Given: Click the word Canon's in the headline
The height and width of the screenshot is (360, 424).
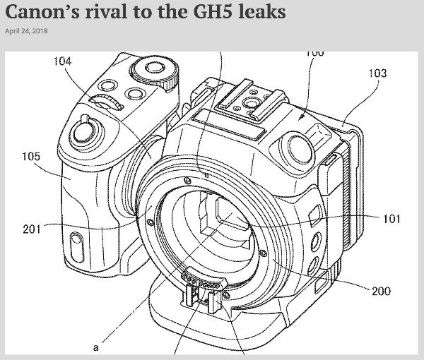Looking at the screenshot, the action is coord(42,12).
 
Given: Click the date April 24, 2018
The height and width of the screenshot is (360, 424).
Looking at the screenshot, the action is coord(26,31).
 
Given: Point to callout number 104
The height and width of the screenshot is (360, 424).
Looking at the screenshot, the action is coord(62,61).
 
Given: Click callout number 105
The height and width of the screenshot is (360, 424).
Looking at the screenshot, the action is coord(31,157).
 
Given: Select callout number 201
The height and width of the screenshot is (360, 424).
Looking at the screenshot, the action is coord(32,229).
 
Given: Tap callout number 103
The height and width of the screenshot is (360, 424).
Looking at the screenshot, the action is coord(378,73).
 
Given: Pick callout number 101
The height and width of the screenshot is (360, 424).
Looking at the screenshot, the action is coord(391,219).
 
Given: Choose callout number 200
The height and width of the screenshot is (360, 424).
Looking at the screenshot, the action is coord(382,291).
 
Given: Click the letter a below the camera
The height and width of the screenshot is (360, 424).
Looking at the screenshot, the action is coord(95,347).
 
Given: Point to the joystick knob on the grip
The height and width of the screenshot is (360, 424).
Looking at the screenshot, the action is coord(86,131).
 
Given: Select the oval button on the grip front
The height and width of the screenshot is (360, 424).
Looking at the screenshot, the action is coord(77,247).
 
